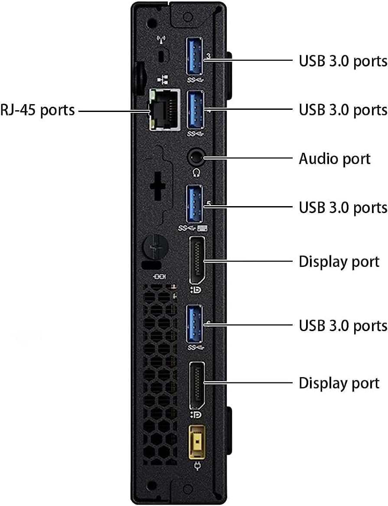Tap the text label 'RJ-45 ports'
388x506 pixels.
(38, 110)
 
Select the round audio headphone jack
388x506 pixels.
(196, 157)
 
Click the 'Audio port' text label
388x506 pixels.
(335, 158)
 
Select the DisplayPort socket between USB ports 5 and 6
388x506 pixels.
(197, 260)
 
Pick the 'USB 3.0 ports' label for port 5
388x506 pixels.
(343, 207)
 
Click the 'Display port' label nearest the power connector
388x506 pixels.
(339, 383)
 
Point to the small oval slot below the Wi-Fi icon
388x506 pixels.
(163, 57)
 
